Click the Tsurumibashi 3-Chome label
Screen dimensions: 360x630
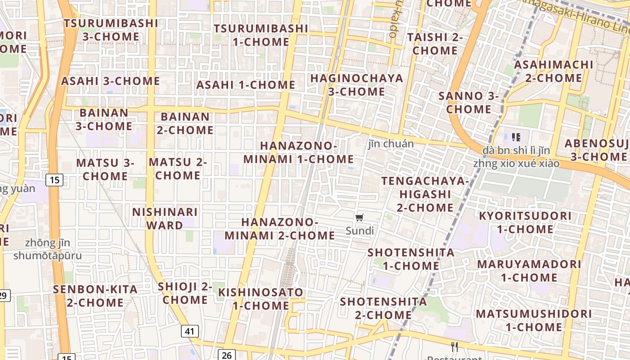tap(111, 30)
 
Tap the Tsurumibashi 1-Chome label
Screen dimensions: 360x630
tap(261, 35)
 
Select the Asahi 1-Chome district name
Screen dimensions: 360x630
tap(246, 85)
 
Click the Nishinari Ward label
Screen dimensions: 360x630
tap(165, 218)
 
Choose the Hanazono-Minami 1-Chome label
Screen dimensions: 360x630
tap(298, 153)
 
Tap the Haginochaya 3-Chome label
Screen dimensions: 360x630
tap(356, 85)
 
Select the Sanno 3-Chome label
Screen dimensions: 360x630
tap(468, 103)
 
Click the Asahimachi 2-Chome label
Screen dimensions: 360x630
tap(553, 71)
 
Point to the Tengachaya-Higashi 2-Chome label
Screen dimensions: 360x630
tap(425, 194)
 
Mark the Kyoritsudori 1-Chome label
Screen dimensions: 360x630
tap(525, 222)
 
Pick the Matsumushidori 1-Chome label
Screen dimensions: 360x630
tap(534, 320)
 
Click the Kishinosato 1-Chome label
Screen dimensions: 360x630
tap(261, 299)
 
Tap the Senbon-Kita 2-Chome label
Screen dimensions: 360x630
tap(95, 296)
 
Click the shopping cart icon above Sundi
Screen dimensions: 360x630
tap(359, 218)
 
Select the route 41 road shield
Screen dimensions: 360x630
tap(190, 332)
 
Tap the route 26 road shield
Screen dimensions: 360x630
tap(227, 355)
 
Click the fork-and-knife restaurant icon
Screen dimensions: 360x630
tap(454, 346)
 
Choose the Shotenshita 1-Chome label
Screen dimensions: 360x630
tap(411, 259)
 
